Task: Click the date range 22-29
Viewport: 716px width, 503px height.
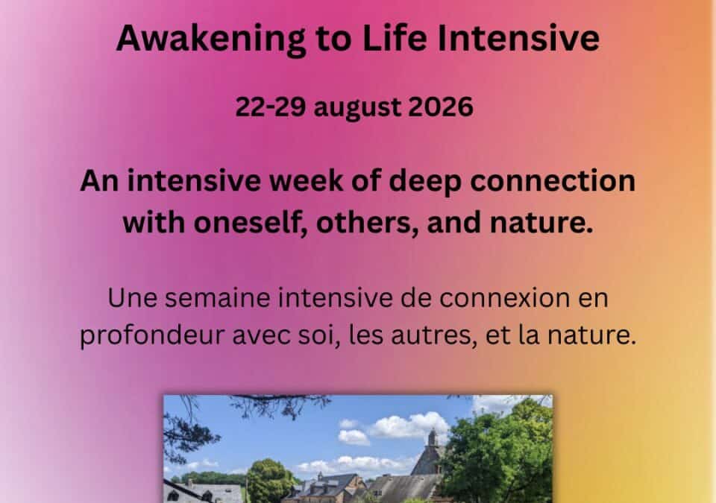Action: [x=271, y=107]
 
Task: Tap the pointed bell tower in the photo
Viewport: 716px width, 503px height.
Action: [x=433, y=440]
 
